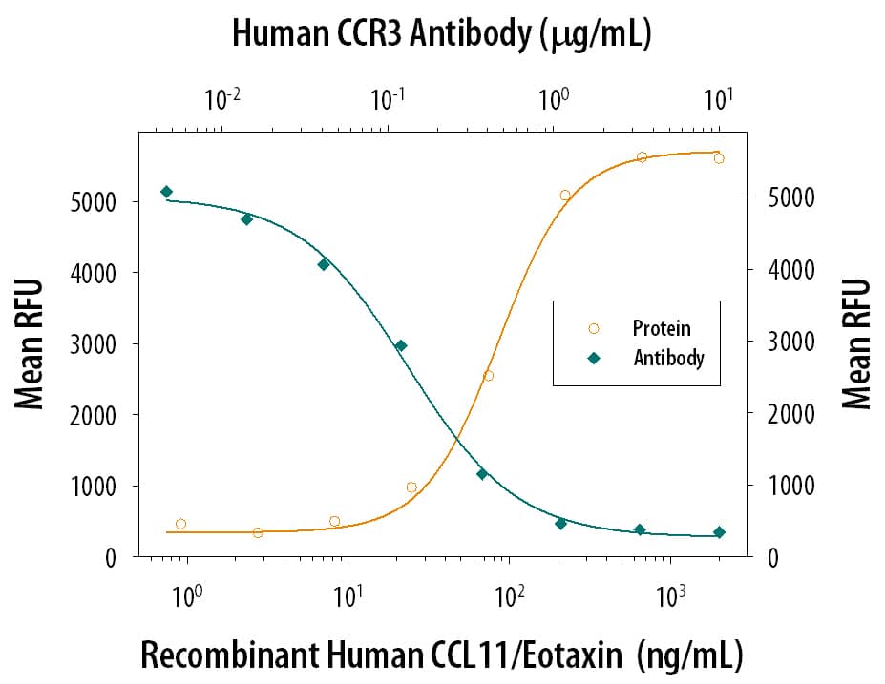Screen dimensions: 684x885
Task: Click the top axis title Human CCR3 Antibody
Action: [441, 34]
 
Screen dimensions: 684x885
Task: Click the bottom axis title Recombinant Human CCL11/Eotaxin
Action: [441, 656]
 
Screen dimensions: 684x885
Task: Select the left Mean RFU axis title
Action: [31, 343]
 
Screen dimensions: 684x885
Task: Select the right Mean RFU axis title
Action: [857, 343]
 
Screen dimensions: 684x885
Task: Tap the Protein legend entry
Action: [661, 328]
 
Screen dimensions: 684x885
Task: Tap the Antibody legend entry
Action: [667, 359]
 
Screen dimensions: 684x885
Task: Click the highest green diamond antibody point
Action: [166, 192]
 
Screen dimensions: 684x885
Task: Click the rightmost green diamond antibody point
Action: [719, 532]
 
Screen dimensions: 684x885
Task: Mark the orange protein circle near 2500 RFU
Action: [488, 376]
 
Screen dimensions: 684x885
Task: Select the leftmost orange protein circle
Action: [180, 524]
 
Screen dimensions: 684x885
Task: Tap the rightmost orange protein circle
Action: [719, 158]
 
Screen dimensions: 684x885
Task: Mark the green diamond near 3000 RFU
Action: [401, 345]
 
